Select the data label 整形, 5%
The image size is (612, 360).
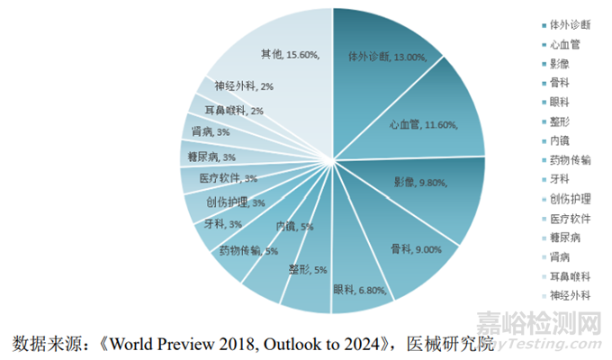tap(308, 269)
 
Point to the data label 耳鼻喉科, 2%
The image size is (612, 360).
tap(233, 111)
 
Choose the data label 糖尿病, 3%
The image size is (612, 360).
tap(211, 157)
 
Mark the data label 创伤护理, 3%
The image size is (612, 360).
tap(235, 202)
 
